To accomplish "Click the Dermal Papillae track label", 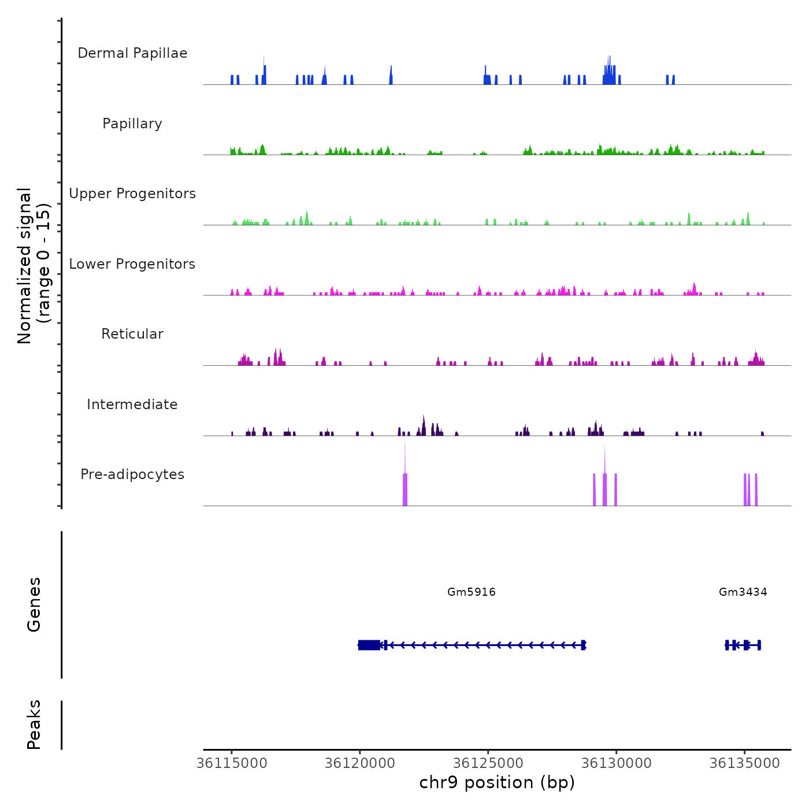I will pyautogui.click(x=132, y=53).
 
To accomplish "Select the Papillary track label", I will pyautogui.click(x=132, y=124).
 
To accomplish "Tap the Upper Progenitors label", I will pyautogui.click(x=132, y=194).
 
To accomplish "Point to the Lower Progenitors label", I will pyautogui.click(x=132, y=264).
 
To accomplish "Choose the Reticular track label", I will pyautogui.click(x=132, y=334).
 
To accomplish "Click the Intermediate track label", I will pyautogui.click(x=132, y=404).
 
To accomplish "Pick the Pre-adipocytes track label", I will pyautogui.click(x=132, y=474).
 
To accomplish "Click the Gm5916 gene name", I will pyautogui.click(x=472, y=592).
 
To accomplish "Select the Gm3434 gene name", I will pyautogui.click(x=743, y=592).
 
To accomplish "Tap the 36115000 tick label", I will pyautogui.click(x=232, y=763).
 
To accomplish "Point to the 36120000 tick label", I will pyautogui.click(x=360, y=763).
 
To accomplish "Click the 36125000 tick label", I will pyautogui.click(x=488, y=763).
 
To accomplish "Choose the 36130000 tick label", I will pyautogui.click(x=617, y=763).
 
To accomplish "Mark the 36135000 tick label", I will pyautogui.click(x=745, y=763).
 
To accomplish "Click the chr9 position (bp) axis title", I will pyautogui.click(x=497, y=782).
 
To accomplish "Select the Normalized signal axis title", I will pyautogui.click(x=34, y=266).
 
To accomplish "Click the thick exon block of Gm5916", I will pyautogui.click(x=369, y=645).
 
